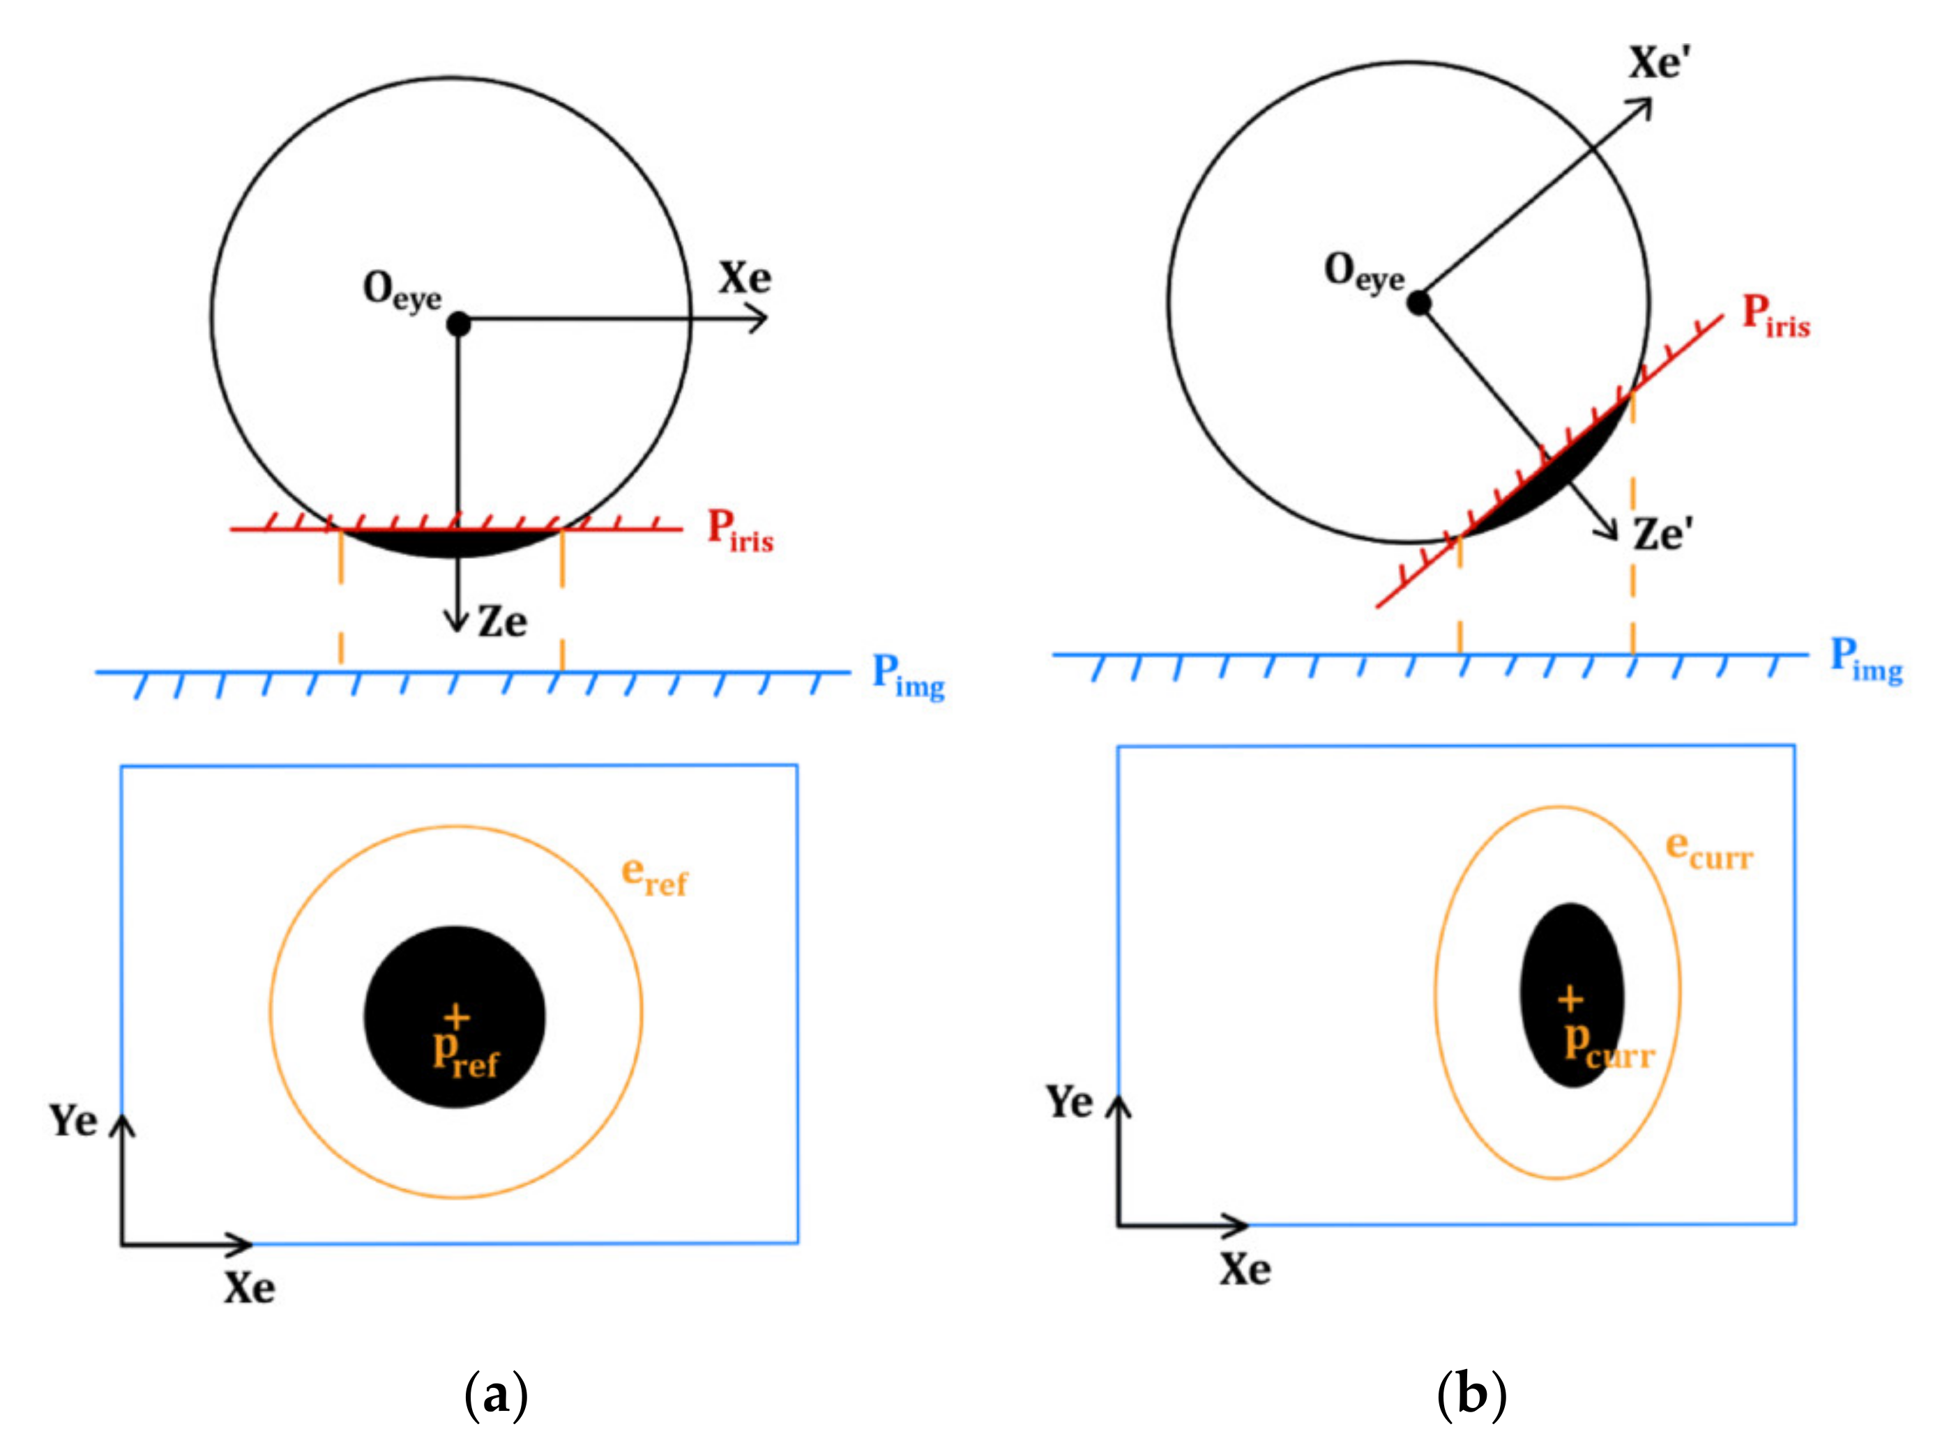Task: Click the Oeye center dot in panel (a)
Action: [458, 324]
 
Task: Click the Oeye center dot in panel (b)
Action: [1419, 303]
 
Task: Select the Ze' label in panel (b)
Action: [1663, 534]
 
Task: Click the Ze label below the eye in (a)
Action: [503, 622]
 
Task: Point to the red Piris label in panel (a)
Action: [740, 530]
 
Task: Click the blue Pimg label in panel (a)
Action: [908, 677]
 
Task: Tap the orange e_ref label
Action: [653, 876]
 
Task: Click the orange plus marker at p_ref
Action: [456, 1017]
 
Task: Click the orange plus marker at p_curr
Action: [1570, 999]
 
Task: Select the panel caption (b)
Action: [1471, 1393]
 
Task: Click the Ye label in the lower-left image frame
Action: [73, 1121]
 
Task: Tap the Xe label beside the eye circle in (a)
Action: [745, 279]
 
